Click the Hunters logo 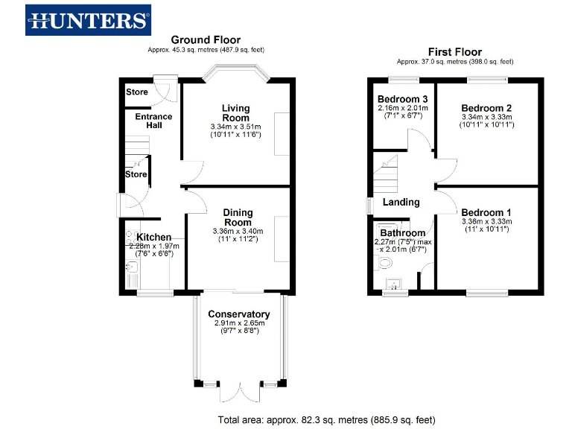click(x=89, y=20)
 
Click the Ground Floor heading click(x=206, y=40)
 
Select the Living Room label click(x=235, y=113)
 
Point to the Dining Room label click(x=238, y=217)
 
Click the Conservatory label click(x=238, y=314)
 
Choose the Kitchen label click(x=153, y=238)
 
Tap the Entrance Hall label click(x=153, y=121)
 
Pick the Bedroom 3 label click(x=402, y=99)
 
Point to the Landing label click(x=401, y=202)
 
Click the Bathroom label click(x=402, y=233)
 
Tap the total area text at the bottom click(x=326, y=419)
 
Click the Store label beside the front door click(x=136, y=92)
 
